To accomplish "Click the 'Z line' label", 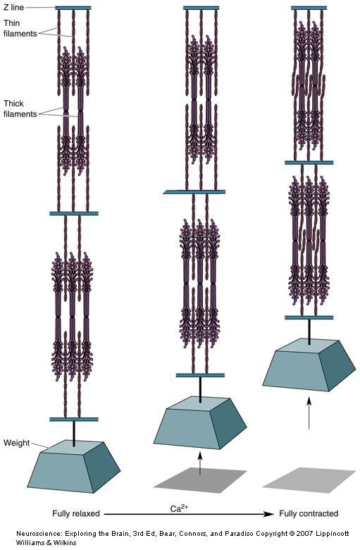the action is point(14,7).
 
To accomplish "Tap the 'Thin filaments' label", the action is point(20,28).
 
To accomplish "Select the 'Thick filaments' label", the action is point(20,109).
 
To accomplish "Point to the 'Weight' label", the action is point(16,443).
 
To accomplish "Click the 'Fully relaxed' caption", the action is point(76,513).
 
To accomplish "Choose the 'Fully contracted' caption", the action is point(309,513).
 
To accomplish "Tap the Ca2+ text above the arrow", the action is point(179,508).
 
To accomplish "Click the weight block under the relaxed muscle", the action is point(73,466).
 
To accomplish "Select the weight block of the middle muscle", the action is point(200,422).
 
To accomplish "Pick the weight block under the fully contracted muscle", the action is point(309,365).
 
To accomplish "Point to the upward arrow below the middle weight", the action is point(200,463).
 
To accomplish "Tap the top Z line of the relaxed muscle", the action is point(73,8).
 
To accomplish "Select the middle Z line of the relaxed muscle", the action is point(74,213).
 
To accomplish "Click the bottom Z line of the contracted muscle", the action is point(309,317).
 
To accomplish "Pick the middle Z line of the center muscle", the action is point(194,192).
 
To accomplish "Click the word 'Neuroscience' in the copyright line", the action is point(39,534).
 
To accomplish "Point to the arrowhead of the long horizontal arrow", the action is point(270,514).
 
